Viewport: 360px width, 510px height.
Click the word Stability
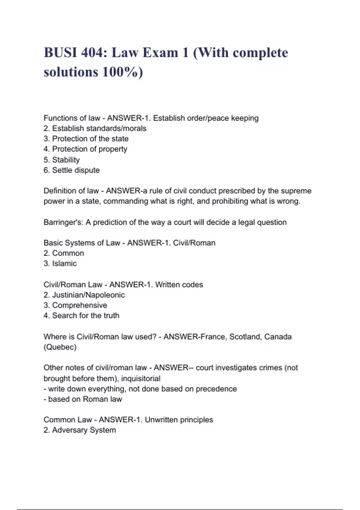[66, 160]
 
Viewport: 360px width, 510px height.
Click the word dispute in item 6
[88, 170]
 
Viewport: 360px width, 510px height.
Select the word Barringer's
[63, 222]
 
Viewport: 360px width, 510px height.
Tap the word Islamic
[64, 263]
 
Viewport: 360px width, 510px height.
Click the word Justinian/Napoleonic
[88, 295]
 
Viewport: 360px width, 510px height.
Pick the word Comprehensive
[79, 305]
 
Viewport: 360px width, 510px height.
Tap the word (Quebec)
[60, 347]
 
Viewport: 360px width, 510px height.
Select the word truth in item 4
[111, 316]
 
